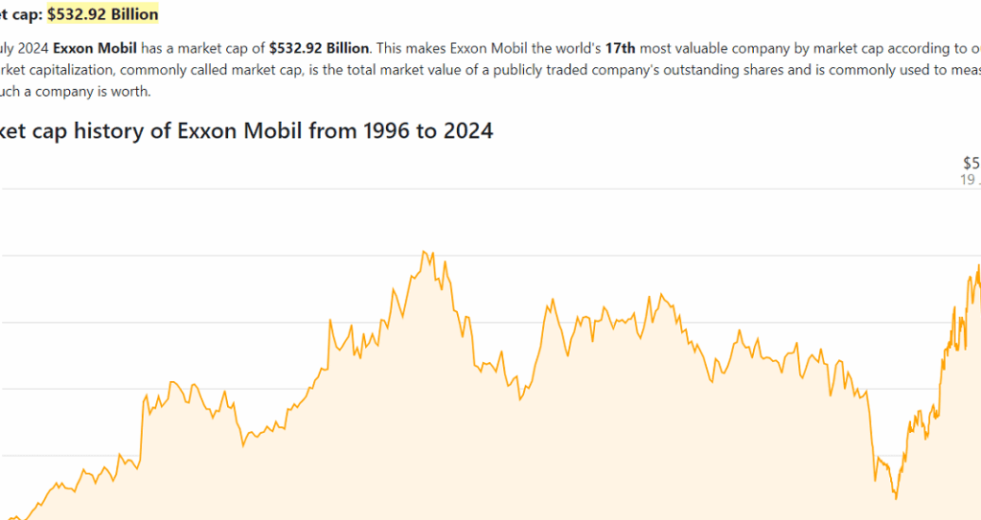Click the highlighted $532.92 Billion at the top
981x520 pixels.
tap(103, 14)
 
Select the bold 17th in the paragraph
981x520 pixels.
tap(620, 47)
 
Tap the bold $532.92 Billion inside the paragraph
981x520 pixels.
tap(319, 47)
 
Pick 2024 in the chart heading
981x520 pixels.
tap(468, 131)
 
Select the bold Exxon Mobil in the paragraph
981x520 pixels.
tap(95, 47)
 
